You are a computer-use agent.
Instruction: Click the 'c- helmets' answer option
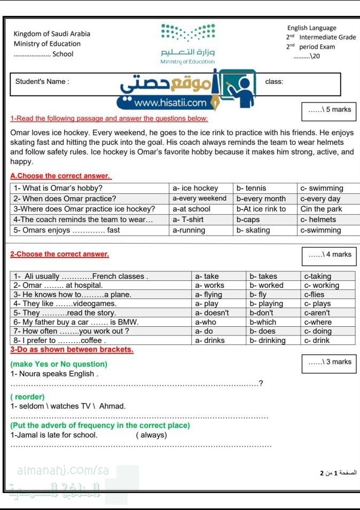(318, 219)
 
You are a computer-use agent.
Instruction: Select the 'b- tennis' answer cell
(251, 188)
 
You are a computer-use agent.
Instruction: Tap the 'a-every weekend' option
(199, 199)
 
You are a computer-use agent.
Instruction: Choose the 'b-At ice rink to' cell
(261, 209)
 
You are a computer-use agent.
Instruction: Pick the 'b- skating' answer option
(253, 230)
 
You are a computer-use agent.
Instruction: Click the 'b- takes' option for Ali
(264, 276)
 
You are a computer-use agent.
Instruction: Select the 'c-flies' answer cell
(314, 294)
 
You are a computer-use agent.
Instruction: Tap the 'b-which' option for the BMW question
(263, 322)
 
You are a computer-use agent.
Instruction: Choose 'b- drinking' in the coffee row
(268, 340)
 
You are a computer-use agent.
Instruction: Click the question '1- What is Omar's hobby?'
(58, 188)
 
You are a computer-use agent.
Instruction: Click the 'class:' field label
(274, 82)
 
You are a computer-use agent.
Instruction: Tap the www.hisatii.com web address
(170, 103)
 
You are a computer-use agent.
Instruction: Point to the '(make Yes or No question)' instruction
(59, 364)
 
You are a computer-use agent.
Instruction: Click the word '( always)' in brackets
(152, 435)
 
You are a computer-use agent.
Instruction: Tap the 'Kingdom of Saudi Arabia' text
(52, 34)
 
